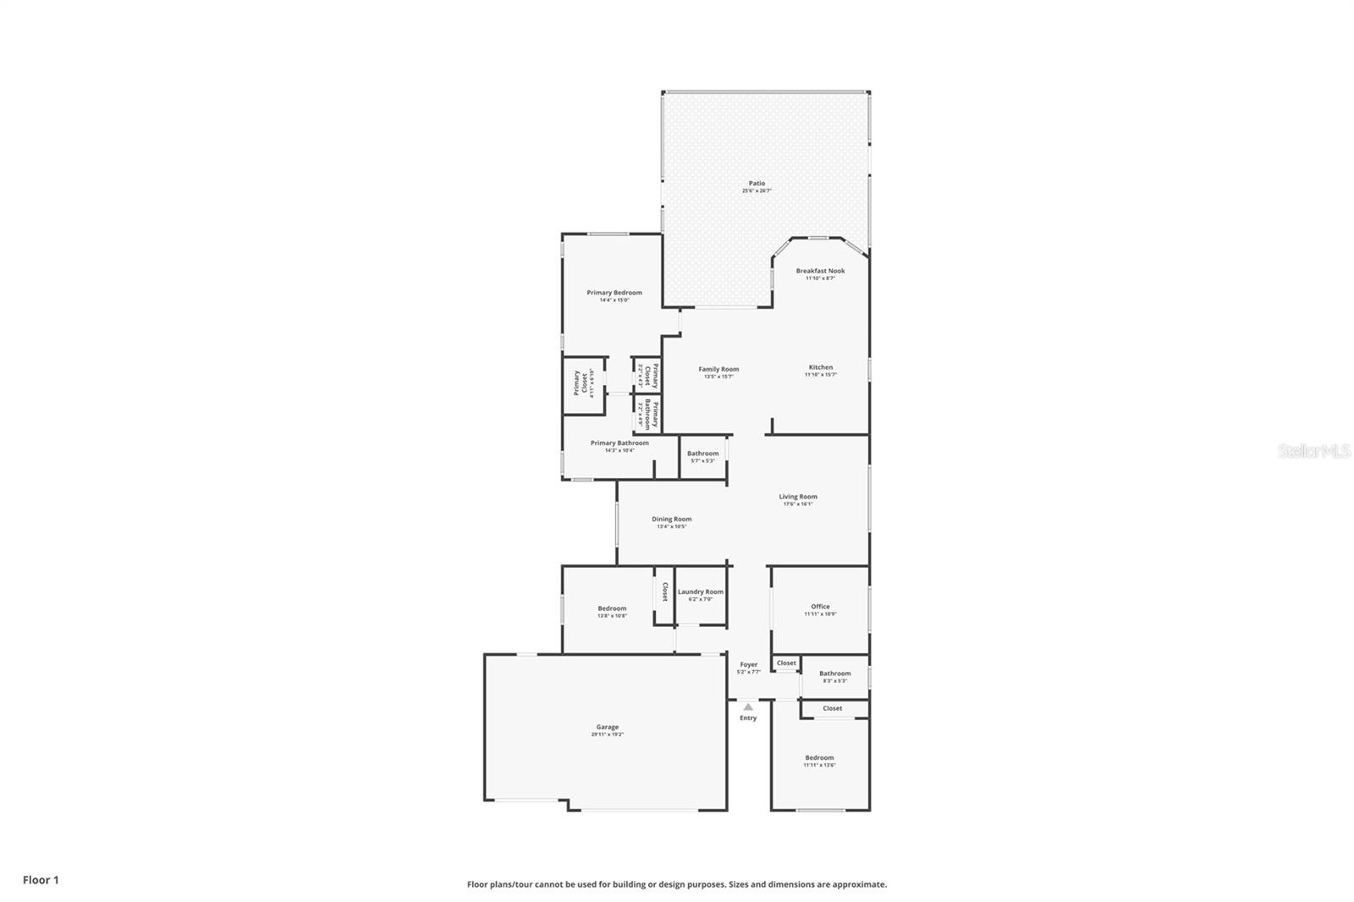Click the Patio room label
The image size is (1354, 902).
(x=757, y=184)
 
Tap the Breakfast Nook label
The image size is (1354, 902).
(x=820, y=272)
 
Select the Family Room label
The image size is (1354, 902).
(x=718, y=370)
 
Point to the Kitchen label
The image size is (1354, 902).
(x=820, y=368)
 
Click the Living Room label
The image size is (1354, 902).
(x=798, y=498)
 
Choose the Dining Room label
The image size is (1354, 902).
(x=671, y=520)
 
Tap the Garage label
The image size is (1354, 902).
(x=607, y=728)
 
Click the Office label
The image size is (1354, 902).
(x=820, y=607)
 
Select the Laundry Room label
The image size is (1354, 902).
(x=701, y=592)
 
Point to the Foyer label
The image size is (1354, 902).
(x=749, y=665)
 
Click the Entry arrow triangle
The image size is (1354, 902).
(x=748, y=707)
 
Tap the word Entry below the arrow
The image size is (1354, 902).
(x=748, y=718)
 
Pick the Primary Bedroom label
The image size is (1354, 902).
(x=614, y=293)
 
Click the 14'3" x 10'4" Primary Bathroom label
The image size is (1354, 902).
(x=619, y=443)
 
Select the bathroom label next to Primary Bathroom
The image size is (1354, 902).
(x=702, y=454)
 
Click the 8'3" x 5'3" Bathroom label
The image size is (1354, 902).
(x=834, y=674)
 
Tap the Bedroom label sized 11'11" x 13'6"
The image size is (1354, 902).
(x=819, y=758)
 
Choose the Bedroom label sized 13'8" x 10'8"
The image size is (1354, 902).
(x=612, y=609)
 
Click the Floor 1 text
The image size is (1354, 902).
(x=41, y=880)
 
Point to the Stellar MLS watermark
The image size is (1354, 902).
(x=1313, y=452)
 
